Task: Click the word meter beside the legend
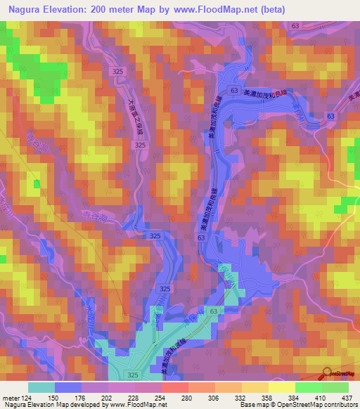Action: [x=10, y=398]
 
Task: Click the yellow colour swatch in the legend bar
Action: [x=281, y=387]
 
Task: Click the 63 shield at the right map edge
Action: [x=330, y=115]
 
